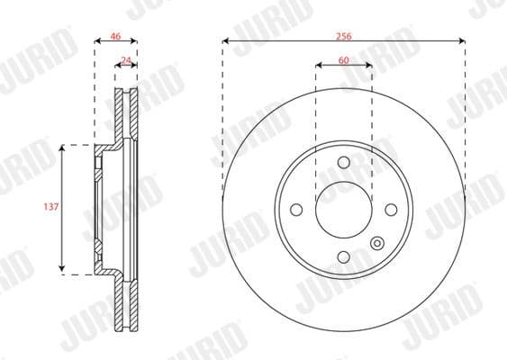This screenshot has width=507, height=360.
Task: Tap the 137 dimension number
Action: (50, 207)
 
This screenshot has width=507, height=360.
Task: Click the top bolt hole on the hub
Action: (343, 163)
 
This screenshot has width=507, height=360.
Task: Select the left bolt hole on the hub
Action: (295, 210)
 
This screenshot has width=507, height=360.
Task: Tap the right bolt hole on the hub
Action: (391, 210)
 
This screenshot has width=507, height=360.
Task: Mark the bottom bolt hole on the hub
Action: (343, 257)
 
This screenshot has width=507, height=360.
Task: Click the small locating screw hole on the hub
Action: (376, 242)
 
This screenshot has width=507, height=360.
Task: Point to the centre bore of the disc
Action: (343, 210)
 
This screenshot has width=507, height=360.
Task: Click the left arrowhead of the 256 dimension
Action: (226, 41)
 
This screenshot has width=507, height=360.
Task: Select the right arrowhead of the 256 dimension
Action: (461, 41)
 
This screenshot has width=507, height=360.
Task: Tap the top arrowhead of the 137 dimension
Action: (62, 147)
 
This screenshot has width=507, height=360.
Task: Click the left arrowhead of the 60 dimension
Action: (319, 66)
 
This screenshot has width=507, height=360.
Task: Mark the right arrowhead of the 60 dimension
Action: (367, 66)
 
